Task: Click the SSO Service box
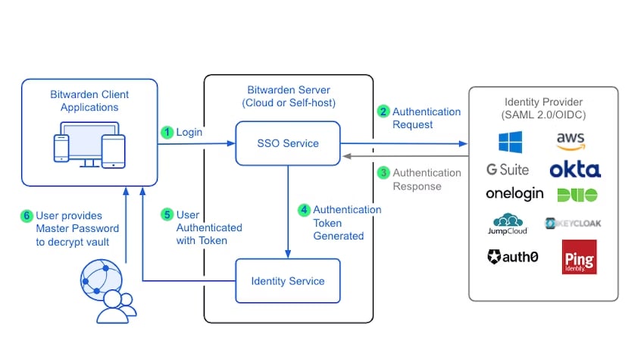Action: click(x=287, y=142)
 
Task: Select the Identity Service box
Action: click(x=287, y=281)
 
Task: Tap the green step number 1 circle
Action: click(x=167, y=132)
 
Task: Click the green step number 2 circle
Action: click(x=383, y=111)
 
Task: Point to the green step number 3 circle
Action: click(x=383, y=173)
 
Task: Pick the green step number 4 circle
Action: click(x=304, y=210)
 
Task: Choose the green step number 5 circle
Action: click(x=167, y=214)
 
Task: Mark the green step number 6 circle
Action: click(x=27, y=215)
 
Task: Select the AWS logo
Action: click(x=571, y=141)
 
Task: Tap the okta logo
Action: click(x=575, y=169)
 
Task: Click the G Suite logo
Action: click(x=508, y=169)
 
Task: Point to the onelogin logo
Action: click(x=514, y=194)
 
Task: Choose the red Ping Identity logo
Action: click(x=579, y=257)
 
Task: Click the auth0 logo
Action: click(x=513, y=257)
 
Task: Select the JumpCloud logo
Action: click(x=509, y=224)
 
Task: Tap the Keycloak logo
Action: click(x=574, y=224)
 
